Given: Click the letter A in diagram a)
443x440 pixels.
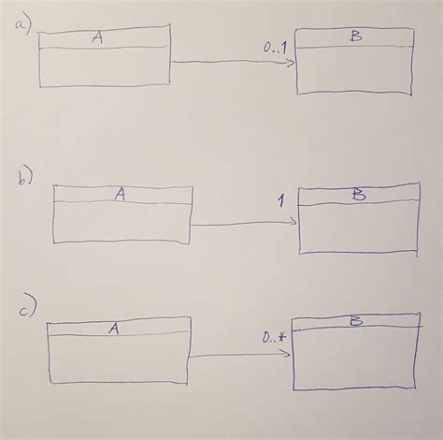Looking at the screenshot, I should click(100, 37).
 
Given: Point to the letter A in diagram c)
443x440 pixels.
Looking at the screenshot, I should click(112, 328).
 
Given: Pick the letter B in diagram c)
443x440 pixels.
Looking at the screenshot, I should click(356, 323).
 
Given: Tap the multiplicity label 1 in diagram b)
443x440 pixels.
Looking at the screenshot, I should click(280, 200).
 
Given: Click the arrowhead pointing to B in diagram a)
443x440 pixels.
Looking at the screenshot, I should click(291, 63).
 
